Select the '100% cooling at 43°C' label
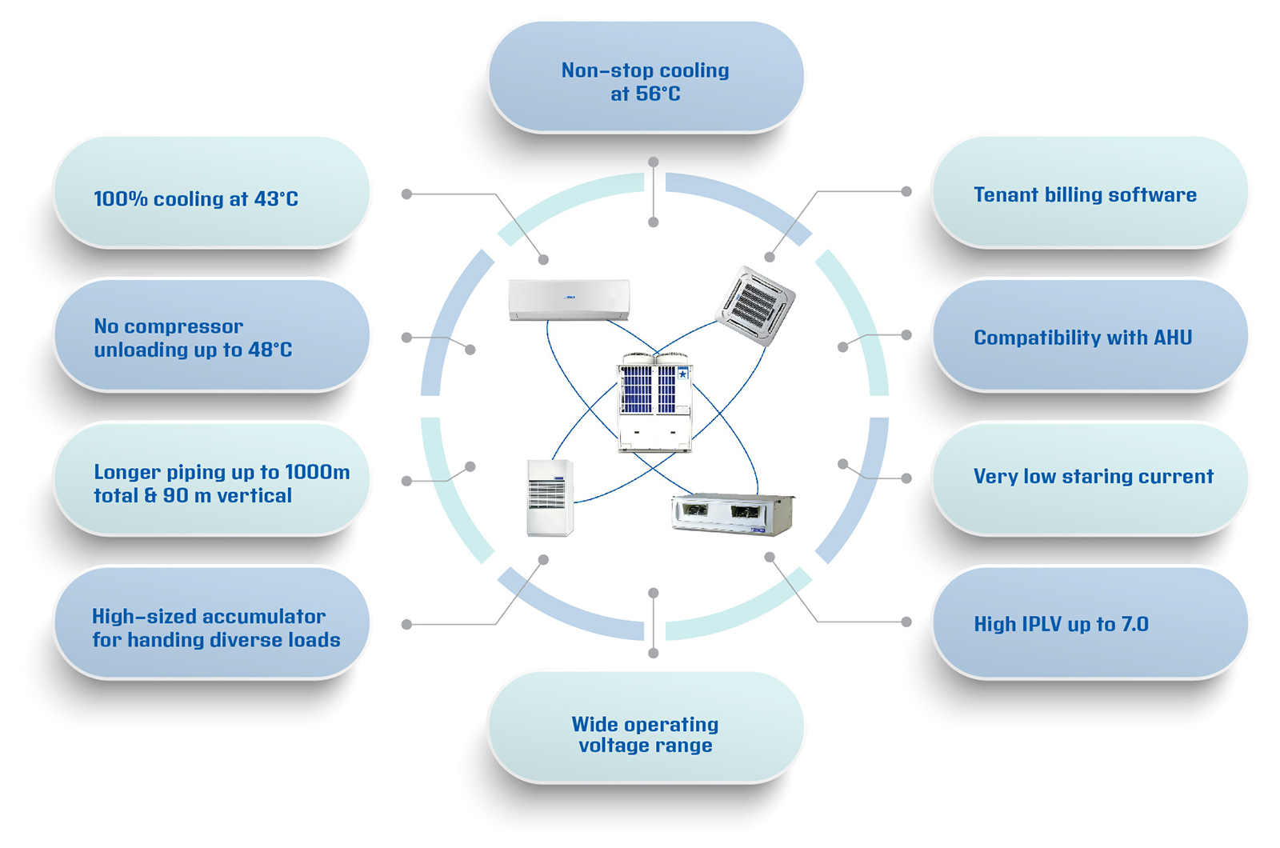point(196,199)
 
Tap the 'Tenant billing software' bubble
point(1085,194)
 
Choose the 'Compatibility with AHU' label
point(1082,338)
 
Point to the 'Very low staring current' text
point(1093,477)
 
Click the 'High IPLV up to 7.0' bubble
point(1061,624)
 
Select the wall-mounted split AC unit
point(569,299)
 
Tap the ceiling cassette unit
point(755,305)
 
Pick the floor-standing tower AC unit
point(550,497)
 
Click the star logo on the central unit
point(682,374)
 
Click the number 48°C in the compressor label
point(270,350)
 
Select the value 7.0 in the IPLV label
point(1134,624)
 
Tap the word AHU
point(1172,338)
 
